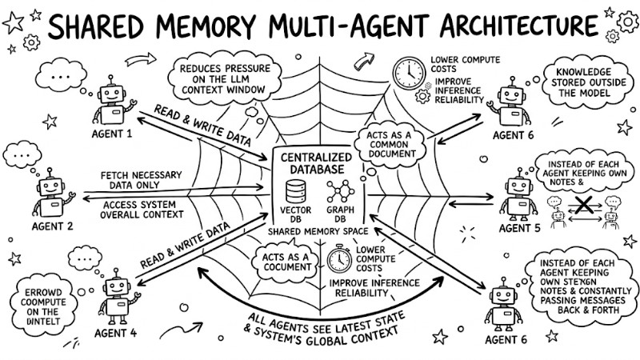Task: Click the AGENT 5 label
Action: click(521, 229)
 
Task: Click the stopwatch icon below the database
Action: click(339, 261)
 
